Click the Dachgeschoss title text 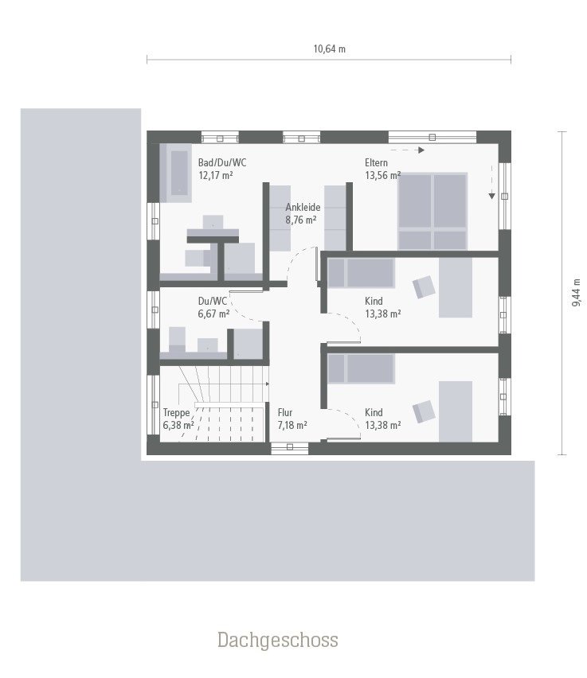[277, 640]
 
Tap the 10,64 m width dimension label [329, 49]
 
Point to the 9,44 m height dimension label [576, 294]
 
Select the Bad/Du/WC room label [222, 162]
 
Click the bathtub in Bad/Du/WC [178, 173]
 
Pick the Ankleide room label [303, 207]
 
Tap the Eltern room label [377, 162]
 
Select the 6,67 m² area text [213, 314]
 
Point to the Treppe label [177, 412]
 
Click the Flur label [286, 412]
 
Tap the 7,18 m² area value [292, 426]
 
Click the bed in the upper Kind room [361, 272]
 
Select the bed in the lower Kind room [361, 368]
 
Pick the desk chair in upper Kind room [424, 286]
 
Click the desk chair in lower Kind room [424, 411]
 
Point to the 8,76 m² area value [302, 220]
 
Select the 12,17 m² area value [216, 175]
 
